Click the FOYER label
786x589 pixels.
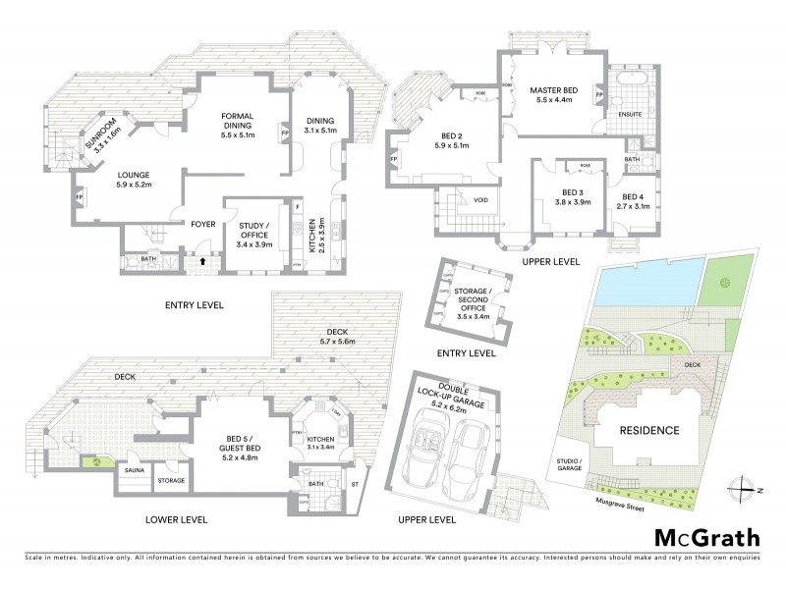coord(203,223)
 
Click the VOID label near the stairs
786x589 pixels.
coord(480,200)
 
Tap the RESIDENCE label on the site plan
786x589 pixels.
coord(648,430)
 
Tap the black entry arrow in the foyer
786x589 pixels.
coord(202,261)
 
